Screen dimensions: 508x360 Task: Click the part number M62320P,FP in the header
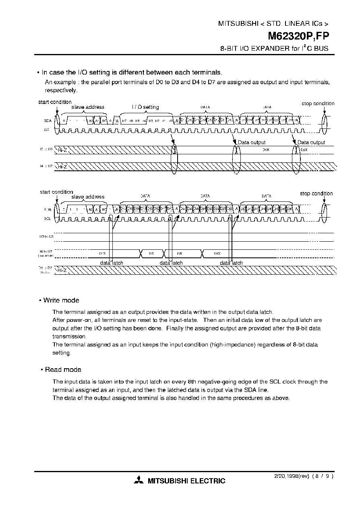pyautogui.click(x=298, y=36)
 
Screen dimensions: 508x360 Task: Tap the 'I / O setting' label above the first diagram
pyautogui.click(x=145, y=107)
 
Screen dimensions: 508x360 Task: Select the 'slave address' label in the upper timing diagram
pyautogui.click(x=88, y=107)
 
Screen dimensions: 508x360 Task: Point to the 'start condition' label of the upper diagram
pyautogui.click(x=55, y=102)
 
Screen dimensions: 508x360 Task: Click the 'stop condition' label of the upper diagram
pyautogui.click(x=318, y=104)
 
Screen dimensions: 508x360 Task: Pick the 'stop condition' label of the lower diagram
pyautogui.click(x=316, y=193)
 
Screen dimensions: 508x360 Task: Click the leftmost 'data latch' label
pyautogui.click(x=112, y=263)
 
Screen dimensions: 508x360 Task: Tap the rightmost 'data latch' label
pyautogui.click(x=231, y=263)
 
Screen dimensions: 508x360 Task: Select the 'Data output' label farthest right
pyautogui.click(x=311, y=142)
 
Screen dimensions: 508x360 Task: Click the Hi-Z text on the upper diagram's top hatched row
pyautogui.click(x=62, y=149)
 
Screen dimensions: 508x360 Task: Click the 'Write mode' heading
pyautogui.click(x=61, y=300)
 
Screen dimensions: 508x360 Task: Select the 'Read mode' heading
pyautogui.click(x=63, y=369)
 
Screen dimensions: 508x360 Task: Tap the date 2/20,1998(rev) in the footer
pyautogui.click(x=288, y=476)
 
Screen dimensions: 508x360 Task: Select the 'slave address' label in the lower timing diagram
pyautogui.click(x=88, y=197)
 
